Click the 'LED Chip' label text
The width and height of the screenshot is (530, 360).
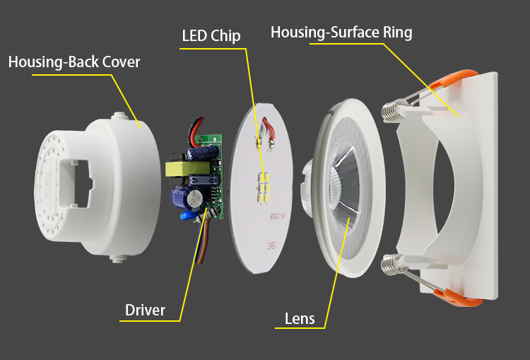[211, 35]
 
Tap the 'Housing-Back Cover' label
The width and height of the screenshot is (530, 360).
[74, 62]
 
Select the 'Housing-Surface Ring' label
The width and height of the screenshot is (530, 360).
[341, 33]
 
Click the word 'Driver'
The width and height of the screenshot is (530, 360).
[145, 310]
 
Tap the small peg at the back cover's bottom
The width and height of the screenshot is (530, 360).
[114, 259]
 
